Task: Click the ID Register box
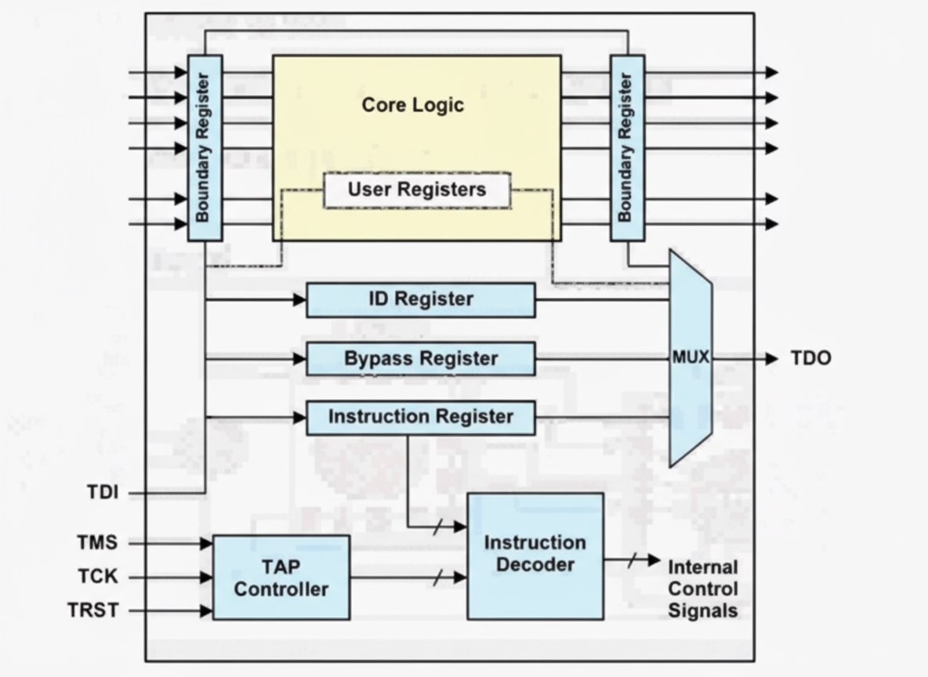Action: (420, 299)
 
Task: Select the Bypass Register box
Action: (420, 359)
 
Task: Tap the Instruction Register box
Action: (420, 418)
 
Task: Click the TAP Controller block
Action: (281, 577)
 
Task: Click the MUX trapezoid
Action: (690, 358)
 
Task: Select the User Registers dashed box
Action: (416, 190)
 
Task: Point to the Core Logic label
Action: (412, 105)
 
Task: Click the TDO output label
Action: (810, 358)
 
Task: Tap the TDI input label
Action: (102, 493)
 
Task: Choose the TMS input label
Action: (97, 542)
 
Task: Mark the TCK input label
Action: (97, 577)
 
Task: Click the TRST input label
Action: (93, 610)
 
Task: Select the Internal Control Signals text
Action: (702, 588)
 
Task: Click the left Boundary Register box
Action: (205, 147)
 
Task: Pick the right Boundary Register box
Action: (627, 147)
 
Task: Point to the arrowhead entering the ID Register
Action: (299, 299)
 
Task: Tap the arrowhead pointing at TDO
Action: (772, 359)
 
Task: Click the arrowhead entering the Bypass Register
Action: (299, 359)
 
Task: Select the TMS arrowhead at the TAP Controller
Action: (206, 543)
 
